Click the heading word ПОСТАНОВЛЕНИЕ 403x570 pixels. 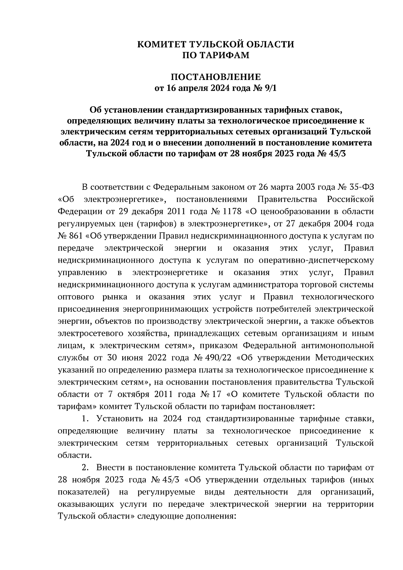click(x=216, y=78)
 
